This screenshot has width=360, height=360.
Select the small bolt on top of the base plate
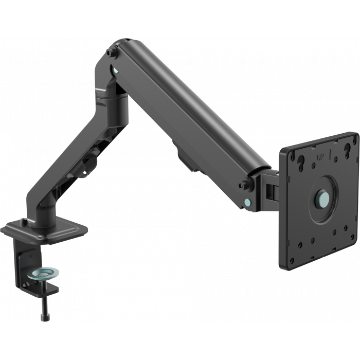pyautogui.click(x=24, y=222)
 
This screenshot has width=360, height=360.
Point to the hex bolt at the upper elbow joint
pyautogui.click(x=110, y=52)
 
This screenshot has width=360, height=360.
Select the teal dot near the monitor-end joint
pyautogui.click(x=249, y=202)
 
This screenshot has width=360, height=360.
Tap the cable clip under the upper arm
pyautogui.click(x=188, y=154)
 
